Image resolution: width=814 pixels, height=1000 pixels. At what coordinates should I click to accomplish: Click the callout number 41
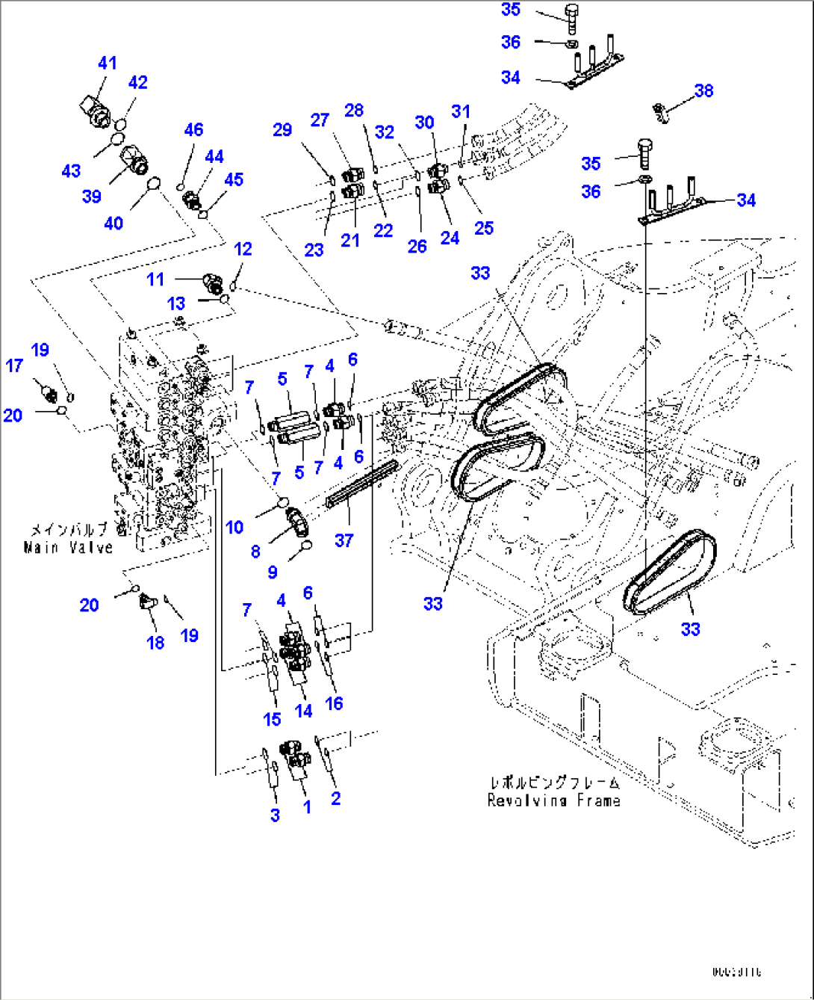click(x=108, y=64)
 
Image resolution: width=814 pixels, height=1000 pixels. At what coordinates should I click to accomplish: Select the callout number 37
click(x=344, y=540)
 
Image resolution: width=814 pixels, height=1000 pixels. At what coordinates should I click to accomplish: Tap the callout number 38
click(x=703, y=90)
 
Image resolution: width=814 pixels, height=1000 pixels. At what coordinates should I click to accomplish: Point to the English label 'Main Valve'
click(x=68, y=548)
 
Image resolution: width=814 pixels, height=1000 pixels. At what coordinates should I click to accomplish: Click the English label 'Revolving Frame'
click(x=553, y=800)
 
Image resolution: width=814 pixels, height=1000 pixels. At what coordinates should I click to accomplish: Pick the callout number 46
click(x=193, y=129)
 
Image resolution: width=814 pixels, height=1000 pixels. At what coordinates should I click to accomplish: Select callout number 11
click(x=155, y=279)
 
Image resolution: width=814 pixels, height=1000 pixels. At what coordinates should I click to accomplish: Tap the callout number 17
click(x=14, y=365)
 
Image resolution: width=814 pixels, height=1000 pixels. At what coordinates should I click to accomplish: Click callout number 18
click(x=155, y=642)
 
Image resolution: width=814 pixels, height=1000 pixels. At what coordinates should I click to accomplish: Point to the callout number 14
click(x=303, y=711)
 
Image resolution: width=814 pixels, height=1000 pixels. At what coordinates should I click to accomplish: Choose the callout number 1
click(x=306, y=807)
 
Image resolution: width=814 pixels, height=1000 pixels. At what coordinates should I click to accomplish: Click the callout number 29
click(x=282, y=129)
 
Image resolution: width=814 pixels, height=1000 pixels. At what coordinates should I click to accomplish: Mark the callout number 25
click(x=484, y=228)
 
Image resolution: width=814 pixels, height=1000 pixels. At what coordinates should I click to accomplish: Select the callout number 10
click(x=234, y=527)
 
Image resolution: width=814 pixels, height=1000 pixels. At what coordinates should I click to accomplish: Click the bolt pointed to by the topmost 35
click(x=573, y=19)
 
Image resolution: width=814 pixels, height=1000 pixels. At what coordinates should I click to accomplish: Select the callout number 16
click(x=334, y=703)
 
